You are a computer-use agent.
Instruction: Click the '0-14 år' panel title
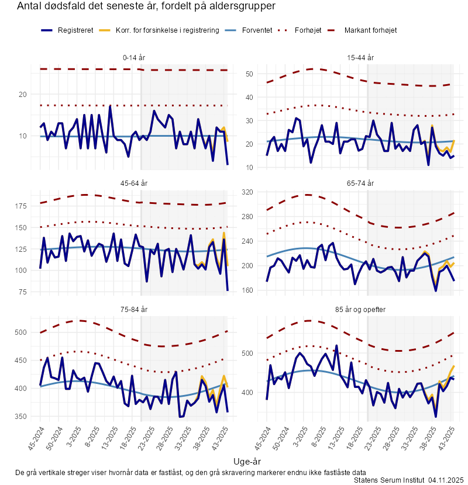[x=135, y=58]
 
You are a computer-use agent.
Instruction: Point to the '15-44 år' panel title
[x=360, y=58]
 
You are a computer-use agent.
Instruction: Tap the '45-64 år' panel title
[x=135, y=183]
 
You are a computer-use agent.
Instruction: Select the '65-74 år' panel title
[x=360, y=183]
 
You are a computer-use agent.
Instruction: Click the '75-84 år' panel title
[x=135, y=309]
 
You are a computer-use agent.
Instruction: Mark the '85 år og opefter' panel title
[x=360, y=309]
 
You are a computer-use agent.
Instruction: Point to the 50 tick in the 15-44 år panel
[x=248, y=74]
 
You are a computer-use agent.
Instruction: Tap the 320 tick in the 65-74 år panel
[x=246, y=192]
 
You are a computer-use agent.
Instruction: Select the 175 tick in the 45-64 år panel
[x=20, y=206]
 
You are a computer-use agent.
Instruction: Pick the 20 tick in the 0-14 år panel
[x=23, y=94]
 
